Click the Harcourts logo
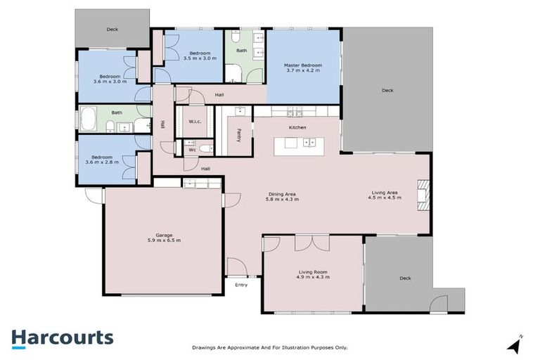pyautogui.click(x=62, y=337)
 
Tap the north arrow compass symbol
pyautogui.click(x=515, y=344)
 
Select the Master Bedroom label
pyautogui.click(x=303, y=66)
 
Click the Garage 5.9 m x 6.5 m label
pyautogui.click(x=164, y=238)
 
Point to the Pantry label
pyautogui.click(x=239, y=134)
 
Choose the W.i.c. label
pyautogui.click(x=195, y=122)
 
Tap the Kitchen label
pyautogui.click(x=297, y=127)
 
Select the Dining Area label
pyautogui.click(x=282, y=197)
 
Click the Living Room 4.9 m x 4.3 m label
pyautogui.click(x=313, y=274)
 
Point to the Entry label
pyautogui.click(x=241, y=285)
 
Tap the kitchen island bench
pyautogui.click(x=300, y=146)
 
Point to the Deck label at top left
pyautogui.click(x=112, y=30)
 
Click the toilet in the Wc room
pyautogui.click(x=205, y=149)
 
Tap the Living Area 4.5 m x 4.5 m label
pyautogui.click(x=384, y=195)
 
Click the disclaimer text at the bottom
pyautogui.click(x=270, y=347)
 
